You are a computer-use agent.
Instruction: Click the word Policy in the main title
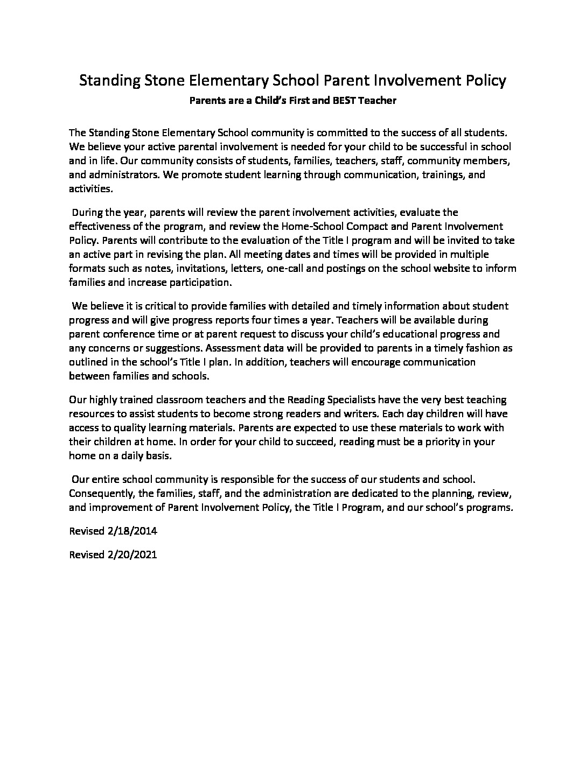(485, 81)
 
